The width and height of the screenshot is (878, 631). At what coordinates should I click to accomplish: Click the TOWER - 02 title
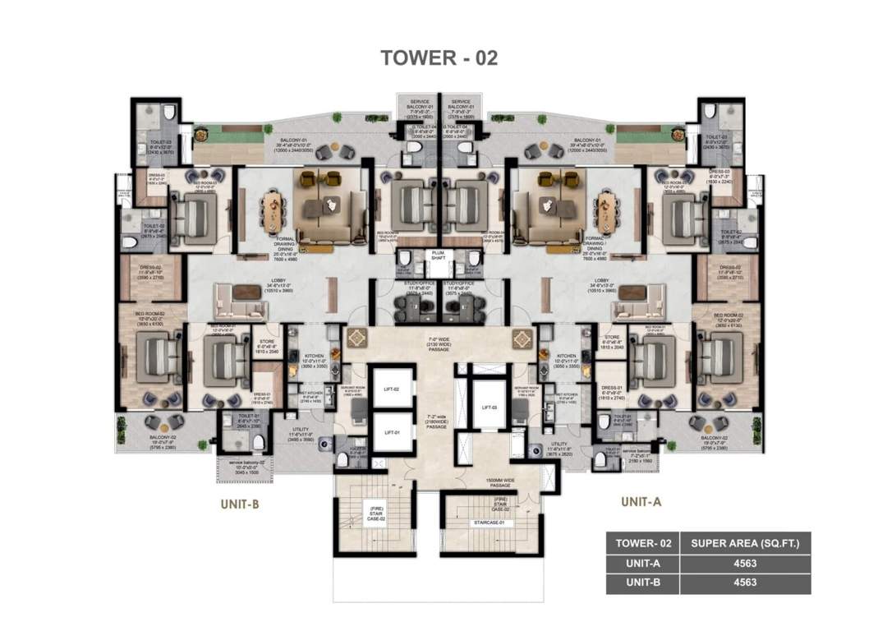pyautogui.click(x=439, y=58)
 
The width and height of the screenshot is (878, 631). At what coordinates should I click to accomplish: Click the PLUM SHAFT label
pyautogui.click(x=439, y=256)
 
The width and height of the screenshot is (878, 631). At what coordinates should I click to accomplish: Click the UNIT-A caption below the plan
pyautogui.click(x=642, y=501)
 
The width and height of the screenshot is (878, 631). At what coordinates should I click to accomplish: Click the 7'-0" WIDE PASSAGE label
pyautogui.click(x=439, y=343)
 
